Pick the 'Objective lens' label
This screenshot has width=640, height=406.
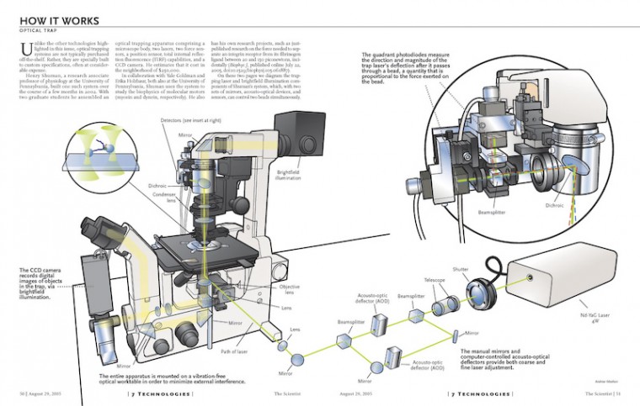[x=291, y=288]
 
